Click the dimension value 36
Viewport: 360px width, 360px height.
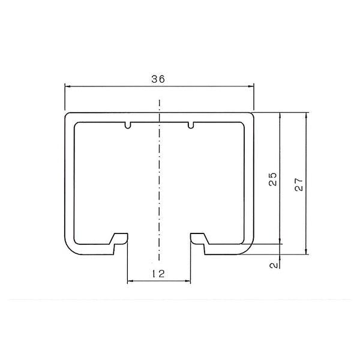pyautogui.click(x=158, y=79)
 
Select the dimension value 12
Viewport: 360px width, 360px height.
pyautogui.click(x=158, y=274)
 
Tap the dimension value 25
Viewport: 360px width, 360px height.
pyautogui.click(x=273, y=179)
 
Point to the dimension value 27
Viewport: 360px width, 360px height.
pyautogui.click(x=299, y=184)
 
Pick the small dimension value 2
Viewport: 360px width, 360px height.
pyautogui.click(x=274, y=265)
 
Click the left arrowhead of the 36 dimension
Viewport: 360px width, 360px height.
pyautogui.click(x=67, y=86)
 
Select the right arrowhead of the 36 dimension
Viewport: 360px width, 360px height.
pyautogui.click(x=251, y=86)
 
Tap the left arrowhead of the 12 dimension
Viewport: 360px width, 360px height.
pyautogui.click(x=130, y=281)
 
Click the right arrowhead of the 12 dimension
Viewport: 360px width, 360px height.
pyautogui.click(x=188, y=281)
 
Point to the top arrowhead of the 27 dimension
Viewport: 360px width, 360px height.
pyautogui.click(x=306, y=115)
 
